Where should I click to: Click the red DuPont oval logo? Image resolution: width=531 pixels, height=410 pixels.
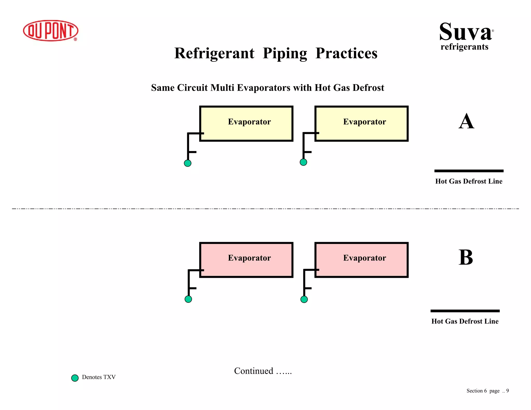(x=51, y=31)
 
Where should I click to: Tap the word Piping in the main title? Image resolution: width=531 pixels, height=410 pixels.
(x=285, y=53)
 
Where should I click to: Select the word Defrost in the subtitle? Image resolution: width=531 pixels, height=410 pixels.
(x=368, y=88)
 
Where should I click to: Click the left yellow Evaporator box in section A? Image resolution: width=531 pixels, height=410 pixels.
(x=246, y=124)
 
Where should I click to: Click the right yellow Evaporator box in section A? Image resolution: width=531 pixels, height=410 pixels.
(x=361, y=124)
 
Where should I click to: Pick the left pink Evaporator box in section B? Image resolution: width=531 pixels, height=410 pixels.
(x=246, y=260)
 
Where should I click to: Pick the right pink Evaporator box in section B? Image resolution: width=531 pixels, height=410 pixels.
(x=361, y=260)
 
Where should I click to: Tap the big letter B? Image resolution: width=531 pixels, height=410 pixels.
(x=466, y=257)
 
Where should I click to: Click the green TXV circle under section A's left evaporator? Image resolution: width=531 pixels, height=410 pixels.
(x=188, y=163)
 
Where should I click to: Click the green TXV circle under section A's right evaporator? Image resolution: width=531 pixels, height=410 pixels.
(x=303, y=162)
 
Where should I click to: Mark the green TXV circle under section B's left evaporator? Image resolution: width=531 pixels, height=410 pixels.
(x=188, y=299)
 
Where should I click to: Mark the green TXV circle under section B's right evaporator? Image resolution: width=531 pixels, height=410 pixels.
(x=304, y=299)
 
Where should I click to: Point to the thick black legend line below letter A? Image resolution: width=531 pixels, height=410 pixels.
(x=469, y=171)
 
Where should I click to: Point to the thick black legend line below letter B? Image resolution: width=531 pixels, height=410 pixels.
(x=465, y=311)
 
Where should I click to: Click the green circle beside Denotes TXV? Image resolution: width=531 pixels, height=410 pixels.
(x=75, y=378)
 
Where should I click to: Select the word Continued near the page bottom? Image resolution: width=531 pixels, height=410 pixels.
(x=254, y=371)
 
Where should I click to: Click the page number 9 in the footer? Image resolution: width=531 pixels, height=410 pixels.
(x=507, y=391)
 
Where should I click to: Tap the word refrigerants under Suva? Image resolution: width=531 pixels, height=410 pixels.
(x=464, y=47)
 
